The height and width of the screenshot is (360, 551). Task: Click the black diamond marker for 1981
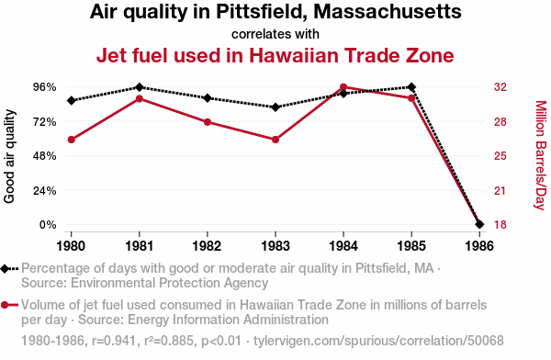click(140, 87)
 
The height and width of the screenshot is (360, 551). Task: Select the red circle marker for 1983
click(275, 140)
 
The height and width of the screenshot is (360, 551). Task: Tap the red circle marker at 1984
click(343, 87)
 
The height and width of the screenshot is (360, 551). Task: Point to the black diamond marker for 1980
click(72, 100)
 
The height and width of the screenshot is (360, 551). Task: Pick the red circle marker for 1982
click(208, 122)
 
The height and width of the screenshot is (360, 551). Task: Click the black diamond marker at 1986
click(479, 224)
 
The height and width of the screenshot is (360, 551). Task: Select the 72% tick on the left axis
click(45, 122)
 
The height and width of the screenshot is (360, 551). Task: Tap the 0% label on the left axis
click(48, 224)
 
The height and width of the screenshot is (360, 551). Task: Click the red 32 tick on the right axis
click(500, 87)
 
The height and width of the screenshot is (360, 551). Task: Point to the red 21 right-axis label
click(500, 190)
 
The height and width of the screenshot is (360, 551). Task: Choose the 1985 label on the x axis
click(411, 246)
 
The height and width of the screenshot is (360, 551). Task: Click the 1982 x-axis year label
click(208, 246)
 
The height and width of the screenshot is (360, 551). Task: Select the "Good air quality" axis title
click(9, 156)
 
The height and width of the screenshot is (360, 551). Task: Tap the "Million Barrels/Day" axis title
click(541, 155)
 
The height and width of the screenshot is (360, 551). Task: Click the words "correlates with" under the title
click(275, 34)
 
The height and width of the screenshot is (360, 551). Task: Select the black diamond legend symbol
click(5, 269)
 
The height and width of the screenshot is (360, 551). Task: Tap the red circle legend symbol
click(5, 305)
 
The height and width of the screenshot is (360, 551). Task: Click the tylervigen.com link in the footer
click(378, 341)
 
